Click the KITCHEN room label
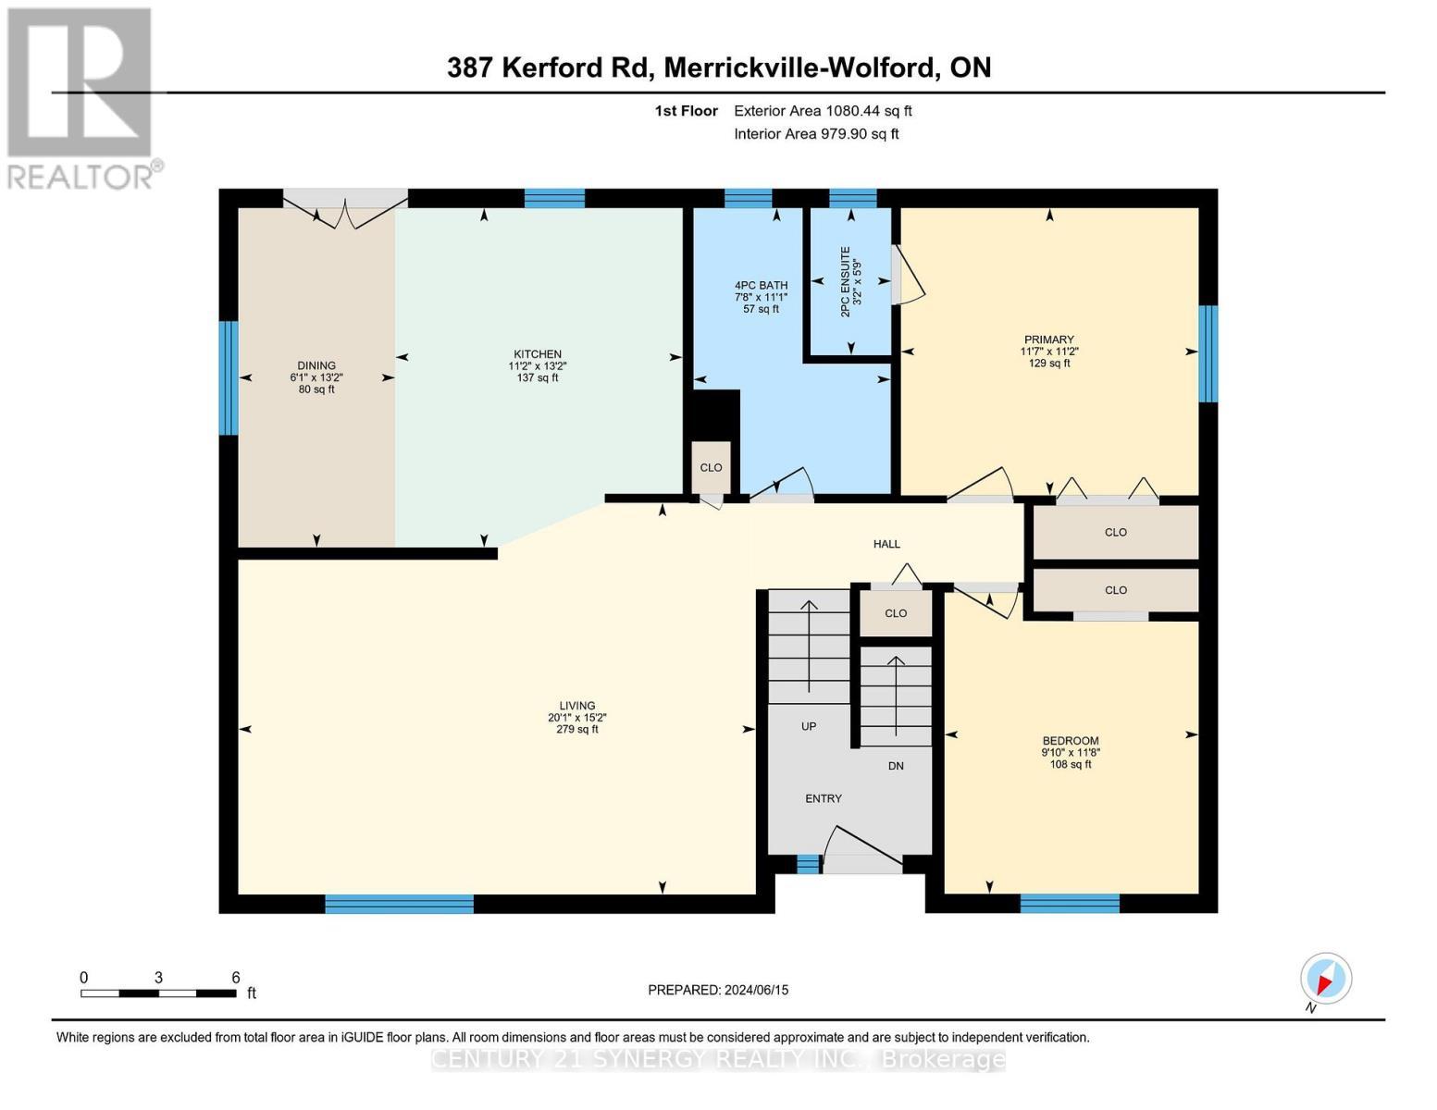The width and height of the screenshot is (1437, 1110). (537, 353)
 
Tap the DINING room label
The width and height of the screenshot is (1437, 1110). (316, 365)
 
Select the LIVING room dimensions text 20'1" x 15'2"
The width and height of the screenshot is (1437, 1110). (576, 717)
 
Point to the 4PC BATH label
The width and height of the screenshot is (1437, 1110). (761, 285)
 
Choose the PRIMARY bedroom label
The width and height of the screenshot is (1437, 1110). (1048, 339)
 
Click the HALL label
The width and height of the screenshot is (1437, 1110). (886, 543)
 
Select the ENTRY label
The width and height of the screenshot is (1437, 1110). (824, 798)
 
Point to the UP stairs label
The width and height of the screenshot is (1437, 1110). (808, 726)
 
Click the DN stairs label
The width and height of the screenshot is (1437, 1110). (896, 766)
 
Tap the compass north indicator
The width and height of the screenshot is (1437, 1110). (1325, 979)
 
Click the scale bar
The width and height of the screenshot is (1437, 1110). (159, 993)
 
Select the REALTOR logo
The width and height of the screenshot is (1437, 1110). (82, 98)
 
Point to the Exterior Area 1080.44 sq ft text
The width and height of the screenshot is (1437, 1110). (823, 111)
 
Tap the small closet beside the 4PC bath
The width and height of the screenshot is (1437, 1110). (711, 467)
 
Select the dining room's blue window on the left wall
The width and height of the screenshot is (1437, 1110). (229, 377)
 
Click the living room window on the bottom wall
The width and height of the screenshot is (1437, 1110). (399, 904)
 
